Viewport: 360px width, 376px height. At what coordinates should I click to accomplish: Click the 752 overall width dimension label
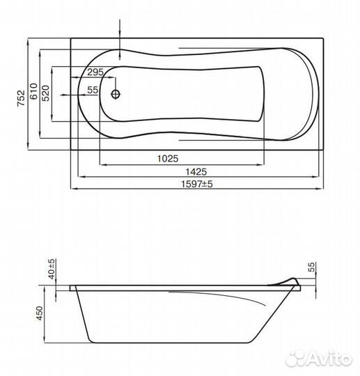pos(21,98)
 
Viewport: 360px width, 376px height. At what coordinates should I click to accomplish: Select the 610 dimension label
pos(34,91)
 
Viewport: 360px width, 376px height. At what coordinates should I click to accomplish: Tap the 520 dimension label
pos(45,93)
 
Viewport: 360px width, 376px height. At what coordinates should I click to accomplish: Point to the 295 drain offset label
pos(95,72)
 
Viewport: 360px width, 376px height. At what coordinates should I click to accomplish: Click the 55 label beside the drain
pos(93,90)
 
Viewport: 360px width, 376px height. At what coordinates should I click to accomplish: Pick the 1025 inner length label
pos(168,159)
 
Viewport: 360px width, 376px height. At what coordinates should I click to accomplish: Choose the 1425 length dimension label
pos(196,172)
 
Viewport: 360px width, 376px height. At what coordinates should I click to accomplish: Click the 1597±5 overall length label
pos(196,184)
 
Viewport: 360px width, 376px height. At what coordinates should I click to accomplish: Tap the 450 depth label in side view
pos(40,313)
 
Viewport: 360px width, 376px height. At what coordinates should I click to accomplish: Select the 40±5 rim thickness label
pos(52,269)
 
